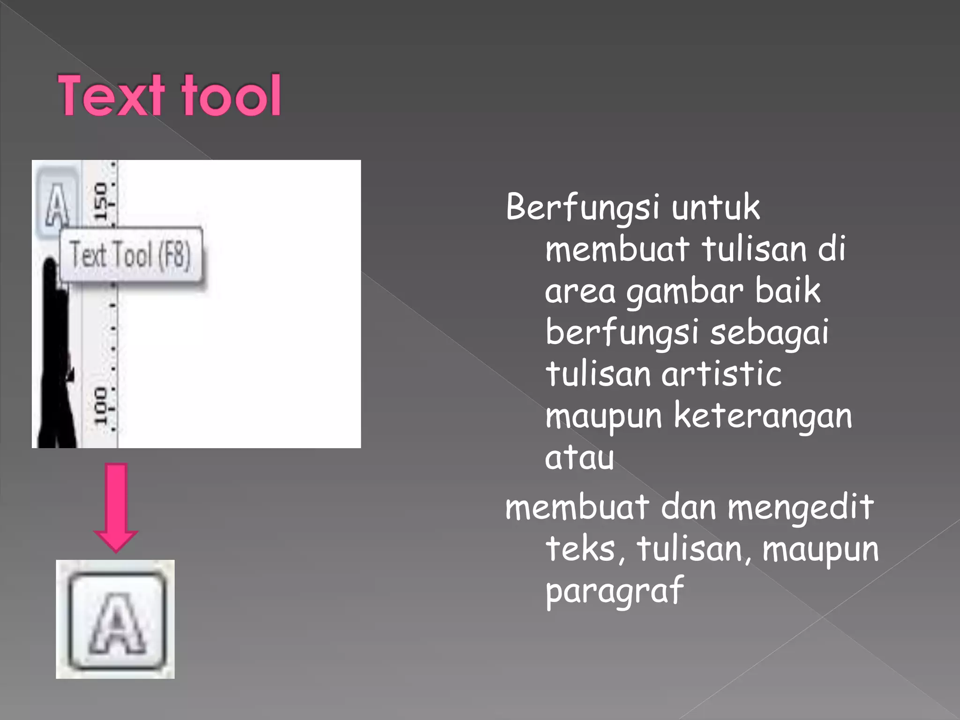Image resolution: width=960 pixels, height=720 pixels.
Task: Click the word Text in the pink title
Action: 112,96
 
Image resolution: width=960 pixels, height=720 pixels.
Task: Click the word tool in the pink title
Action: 232,96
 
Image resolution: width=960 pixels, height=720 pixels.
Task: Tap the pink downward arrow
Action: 116,507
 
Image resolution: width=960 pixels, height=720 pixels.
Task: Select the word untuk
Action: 715,207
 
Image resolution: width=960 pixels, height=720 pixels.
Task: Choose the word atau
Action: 579,457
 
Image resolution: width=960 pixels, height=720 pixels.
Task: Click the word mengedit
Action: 801,508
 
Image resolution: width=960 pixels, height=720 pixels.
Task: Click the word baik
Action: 787,291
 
